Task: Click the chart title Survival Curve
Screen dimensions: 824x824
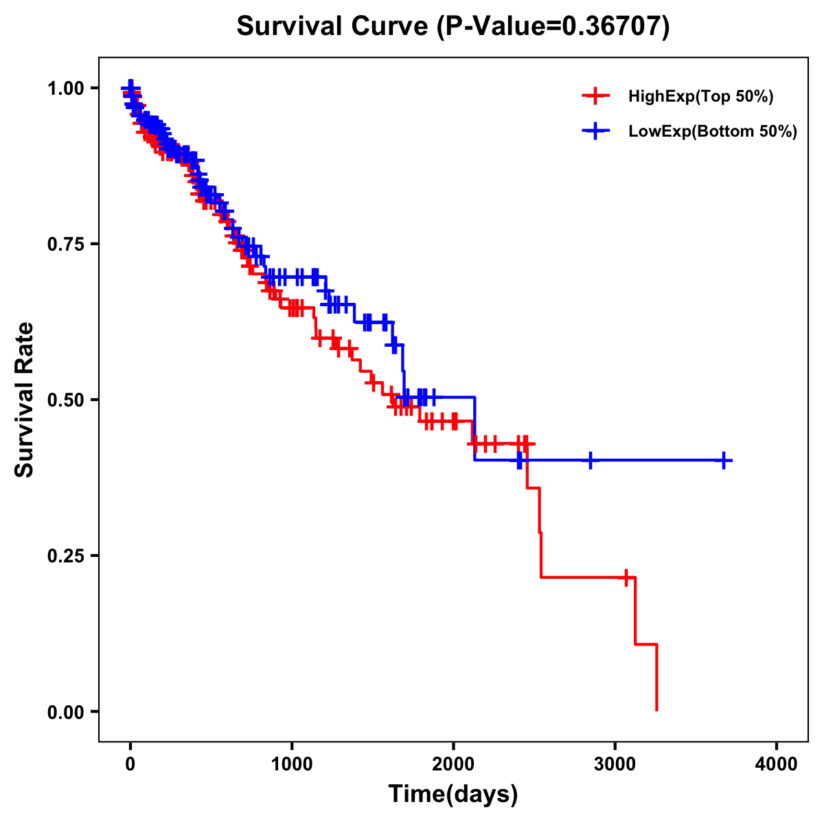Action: (334, 27)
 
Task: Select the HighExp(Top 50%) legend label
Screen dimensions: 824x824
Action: (700, 97)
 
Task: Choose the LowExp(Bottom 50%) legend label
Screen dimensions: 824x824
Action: (713, 132)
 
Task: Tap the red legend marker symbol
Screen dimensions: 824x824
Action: (595, 96)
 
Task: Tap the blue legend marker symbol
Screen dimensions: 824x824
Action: (595, 131)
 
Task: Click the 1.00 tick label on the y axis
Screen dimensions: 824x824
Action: (66, 88)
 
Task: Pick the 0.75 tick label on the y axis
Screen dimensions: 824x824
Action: (66, 244)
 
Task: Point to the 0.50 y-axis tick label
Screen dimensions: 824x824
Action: (66, 400)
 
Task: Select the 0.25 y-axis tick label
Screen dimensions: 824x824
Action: (66, 556)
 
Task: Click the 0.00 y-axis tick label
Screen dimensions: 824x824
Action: (66, 711)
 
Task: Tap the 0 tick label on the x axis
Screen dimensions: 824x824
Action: (130, 764)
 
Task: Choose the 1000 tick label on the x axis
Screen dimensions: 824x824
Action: (292, 764)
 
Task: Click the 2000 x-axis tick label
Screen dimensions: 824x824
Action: (453, 764)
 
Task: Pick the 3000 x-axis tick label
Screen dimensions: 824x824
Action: (615, 764)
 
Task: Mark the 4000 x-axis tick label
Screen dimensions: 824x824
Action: (777, 764)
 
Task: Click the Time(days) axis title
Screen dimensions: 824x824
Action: (453, 794)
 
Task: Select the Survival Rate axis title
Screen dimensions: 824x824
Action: (25, 400)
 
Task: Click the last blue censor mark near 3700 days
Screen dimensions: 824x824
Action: (724, 460)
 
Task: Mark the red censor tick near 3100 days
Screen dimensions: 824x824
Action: (626, 577)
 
